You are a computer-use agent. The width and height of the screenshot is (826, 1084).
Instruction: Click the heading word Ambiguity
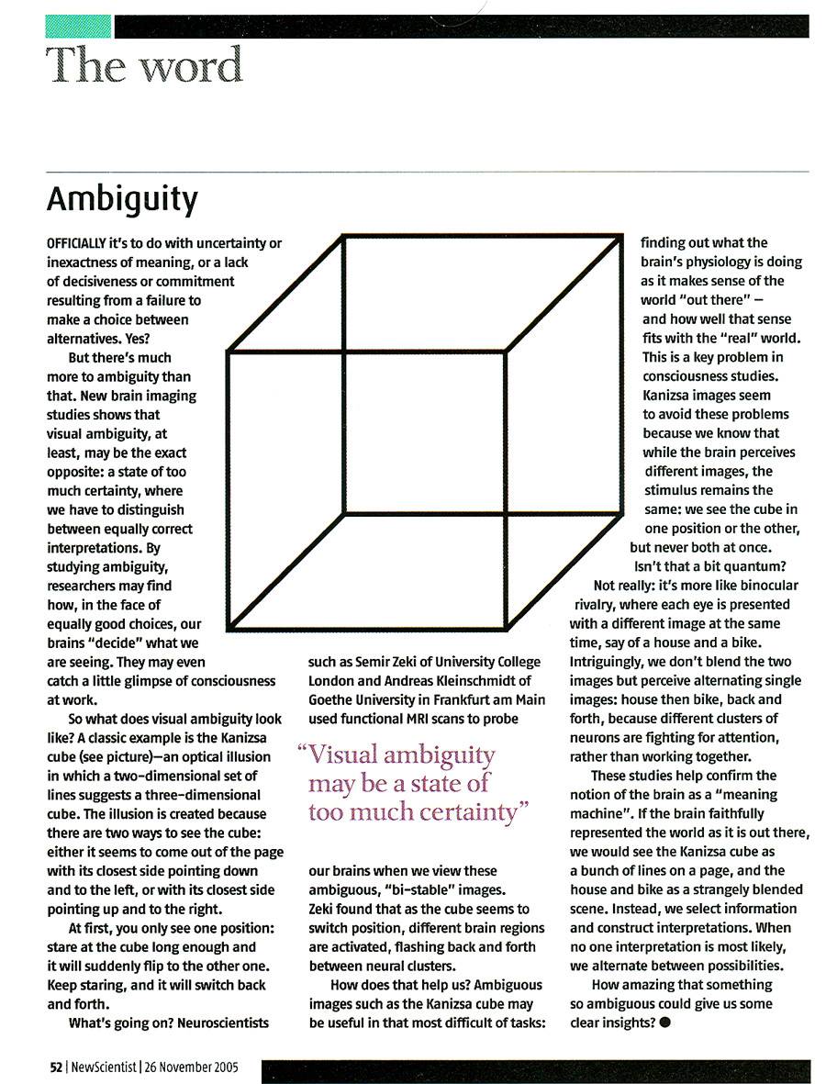[x=122, y=199]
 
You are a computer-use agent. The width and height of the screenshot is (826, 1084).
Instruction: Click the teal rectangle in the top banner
[x=78, y=26]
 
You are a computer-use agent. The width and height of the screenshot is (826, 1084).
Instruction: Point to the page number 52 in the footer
[x=55, y=1067]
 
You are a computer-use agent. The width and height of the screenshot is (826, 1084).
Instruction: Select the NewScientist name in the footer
[x=102, y=1067]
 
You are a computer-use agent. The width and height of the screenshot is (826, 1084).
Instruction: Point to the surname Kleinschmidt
[x=467, y=681]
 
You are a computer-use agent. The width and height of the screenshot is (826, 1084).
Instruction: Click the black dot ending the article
[x=664, y=1023]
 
